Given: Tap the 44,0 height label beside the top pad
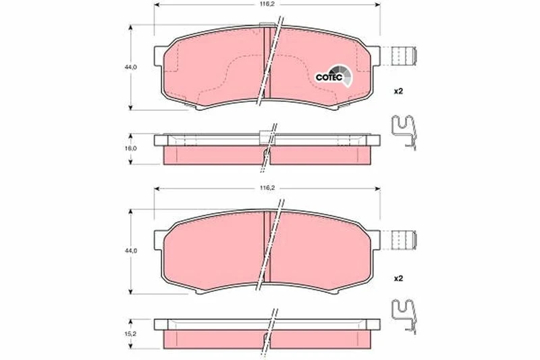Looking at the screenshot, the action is coord(131,67).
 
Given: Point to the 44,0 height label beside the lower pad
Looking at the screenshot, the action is coord(131,251).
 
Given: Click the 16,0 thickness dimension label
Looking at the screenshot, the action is coord(131,149).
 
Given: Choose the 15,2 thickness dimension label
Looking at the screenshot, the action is coord(131,334).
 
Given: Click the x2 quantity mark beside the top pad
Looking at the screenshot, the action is coord(398,91).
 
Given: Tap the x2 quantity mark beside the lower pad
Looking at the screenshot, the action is coord(398,278).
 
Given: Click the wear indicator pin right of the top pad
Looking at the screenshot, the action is coord(404,55).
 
